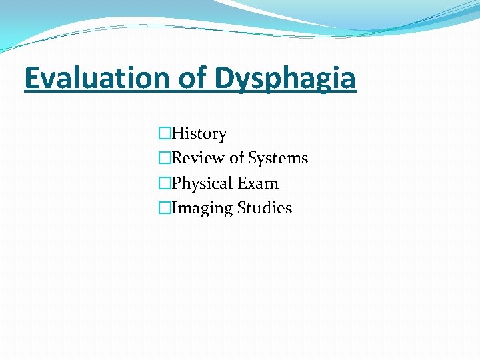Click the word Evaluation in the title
point(97,78)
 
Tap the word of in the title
point(193,78)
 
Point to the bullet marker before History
point(165,134)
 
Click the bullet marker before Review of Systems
point(165,159)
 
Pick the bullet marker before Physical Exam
point(165,183)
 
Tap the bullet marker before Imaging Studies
point(165,208)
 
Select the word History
point(199,134)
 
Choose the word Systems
point(278,159)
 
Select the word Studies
point(264,208)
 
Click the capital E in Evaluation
point(31,78)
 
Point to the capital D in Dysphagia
point(224,78)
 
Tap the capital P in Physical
point(177,183)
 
